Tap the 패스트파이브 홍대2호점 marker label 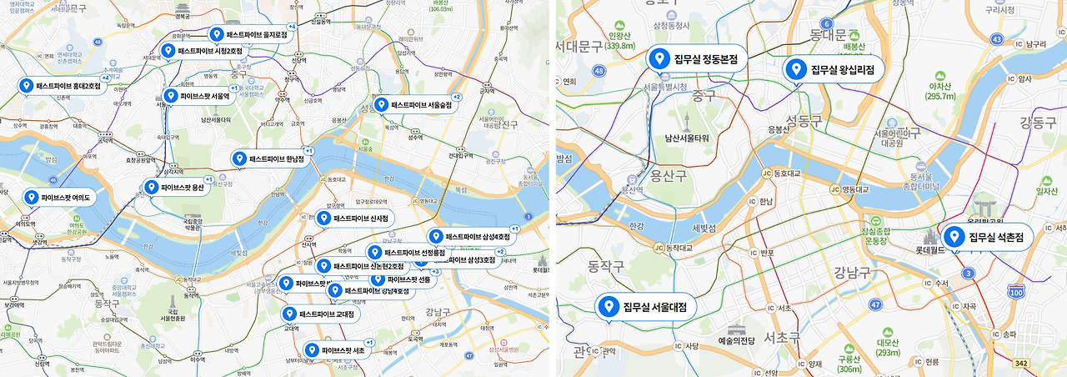[x=68, y=86]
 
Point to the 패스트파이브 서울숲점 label [x=421, y=105]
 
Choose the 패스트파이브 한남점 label [x=277, y=158]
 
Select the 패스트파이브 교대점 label [x=326, y=314]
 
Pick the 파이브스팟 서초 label [x=343, y=350]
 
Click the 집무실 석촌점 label [x=994, y=238]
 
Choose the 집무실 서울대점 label [x=659, y=307]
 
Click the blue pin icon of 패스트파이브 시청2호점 [x=168, y=51]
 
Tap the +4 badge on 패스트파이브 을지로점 [x=292, y=27]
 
